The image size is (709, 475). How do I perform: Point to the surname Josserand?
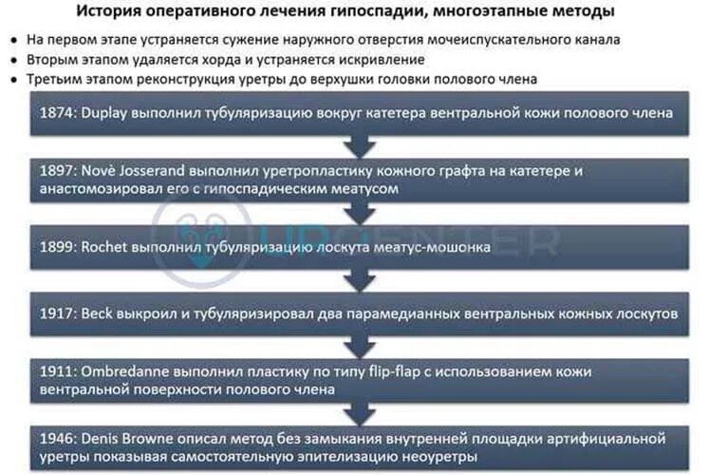point(160,172)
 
